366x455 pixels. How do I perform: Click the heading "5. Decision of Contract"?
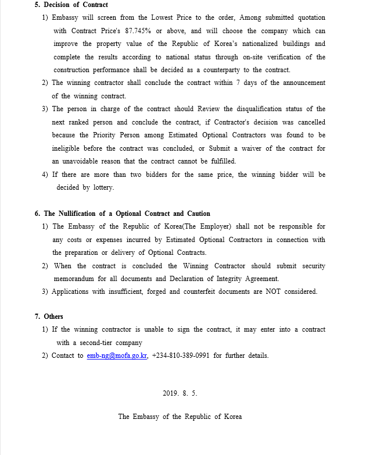point(71,5)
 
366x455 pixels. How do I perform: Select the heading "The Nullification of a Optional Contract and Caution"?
point(127,214)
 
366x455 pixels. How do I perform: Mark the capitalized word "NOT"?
point(273,292)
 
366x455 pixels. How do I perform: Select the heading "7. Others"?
point(49,317)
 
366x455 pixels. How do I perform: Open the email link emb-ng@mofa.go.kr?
point(117,356)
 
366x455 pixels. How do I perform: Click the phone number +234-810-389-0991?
point(181,356)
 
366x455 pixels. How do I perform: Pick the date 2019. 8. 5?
point(180,393)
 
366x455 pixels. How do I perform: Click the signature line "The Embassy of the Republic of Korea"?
point(180,417)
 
